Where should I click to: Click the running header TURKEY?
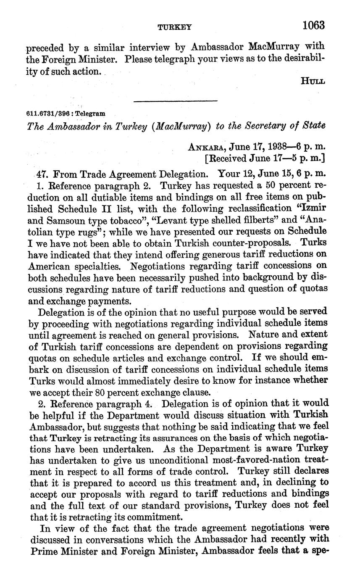coord(174,27)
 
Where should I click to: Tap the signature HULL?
coord(313,82)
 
